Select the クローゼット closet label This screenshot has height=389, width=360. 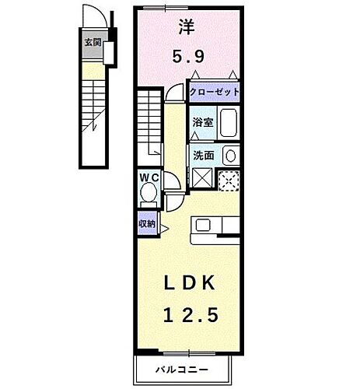click(214, 92)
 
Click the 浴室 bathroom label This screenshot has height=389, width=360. click(202, 122)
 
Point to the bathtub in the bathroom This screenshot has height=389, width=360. click(227, 123)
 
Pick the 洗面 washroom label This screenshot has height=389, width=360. click(203, 155)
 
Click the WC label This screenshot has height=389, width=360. click(149, 177)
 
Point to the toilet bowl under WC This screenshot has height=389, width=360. click(149, 194)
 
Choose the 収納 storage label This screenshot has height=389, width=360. click(147, 223)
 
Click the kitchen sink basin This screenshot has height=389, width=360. click(203, 226)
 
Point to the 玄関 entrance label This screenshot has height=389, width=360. click(93, 44)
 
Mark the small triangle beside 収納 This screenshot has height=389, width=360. click(163, 230)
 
